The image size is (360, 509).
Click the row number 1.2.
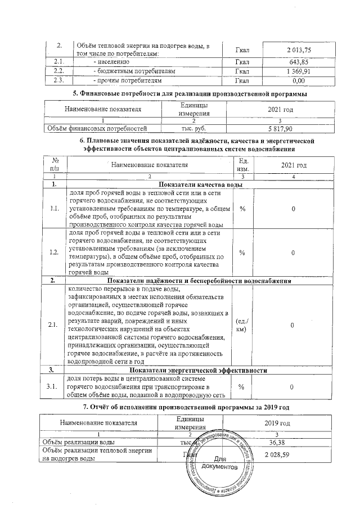55,253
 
